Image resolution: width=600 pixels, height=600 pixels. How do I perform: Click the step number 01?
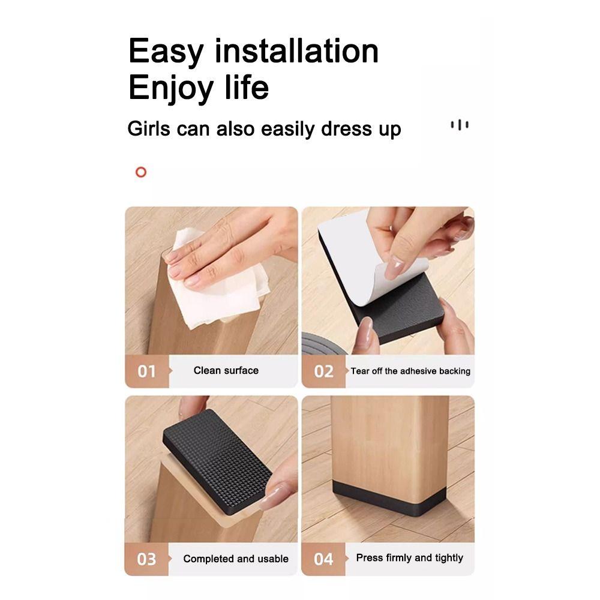click(x=146, y=371)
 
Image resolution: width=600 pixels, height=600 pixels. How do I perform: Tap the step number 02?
click(x=323, y=371)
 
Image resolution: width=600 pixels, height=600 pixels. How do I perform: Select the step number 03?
click(x=146, y=559)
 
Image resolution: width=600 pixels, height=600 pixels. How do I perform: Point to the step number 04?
click(x=323, y=559)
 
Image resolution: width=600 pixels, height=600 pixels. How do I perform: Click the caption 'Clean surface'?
click(x=226, y=371)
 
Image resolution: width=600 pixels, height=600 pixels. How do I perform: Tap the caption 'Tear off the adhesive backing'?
click(x=410, y=371)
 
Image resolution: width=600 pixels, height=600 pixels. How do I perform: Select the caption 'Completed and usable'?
click(x=236, y=559)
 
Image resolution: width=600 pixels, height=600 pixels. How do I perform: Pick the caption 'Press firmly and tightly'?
click(x=409, y=558)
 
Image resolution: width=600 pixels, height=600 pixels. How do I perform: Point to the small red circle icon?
click(x=141, y=173)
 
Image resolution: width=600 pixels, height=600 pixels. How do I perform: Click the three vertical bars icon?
click(x=460, y=125)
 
